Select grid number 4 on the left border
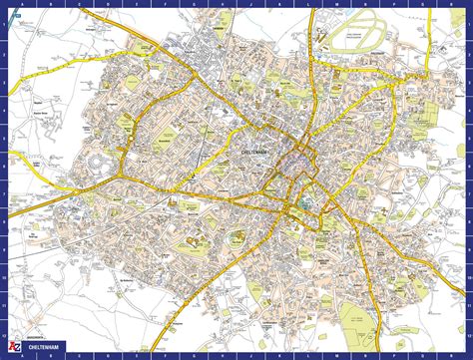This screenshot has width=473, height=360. tap(4, 110)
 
